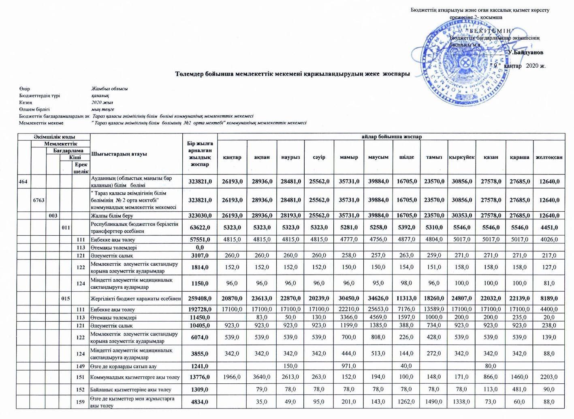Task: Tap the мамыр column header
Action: coord(349,157)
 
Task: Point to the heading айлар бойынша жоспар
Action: coord(391,137)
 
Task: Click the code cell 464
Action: coord(23,182)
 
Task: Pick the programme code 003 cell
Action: coord(53,216)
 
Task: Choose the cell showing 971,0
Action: coord(349,366)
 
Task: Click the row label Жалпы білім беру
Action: coord(112,216)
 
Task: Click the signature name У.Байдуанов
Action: coord(526,53)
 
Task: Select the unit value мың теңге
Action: coord(103,110)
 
